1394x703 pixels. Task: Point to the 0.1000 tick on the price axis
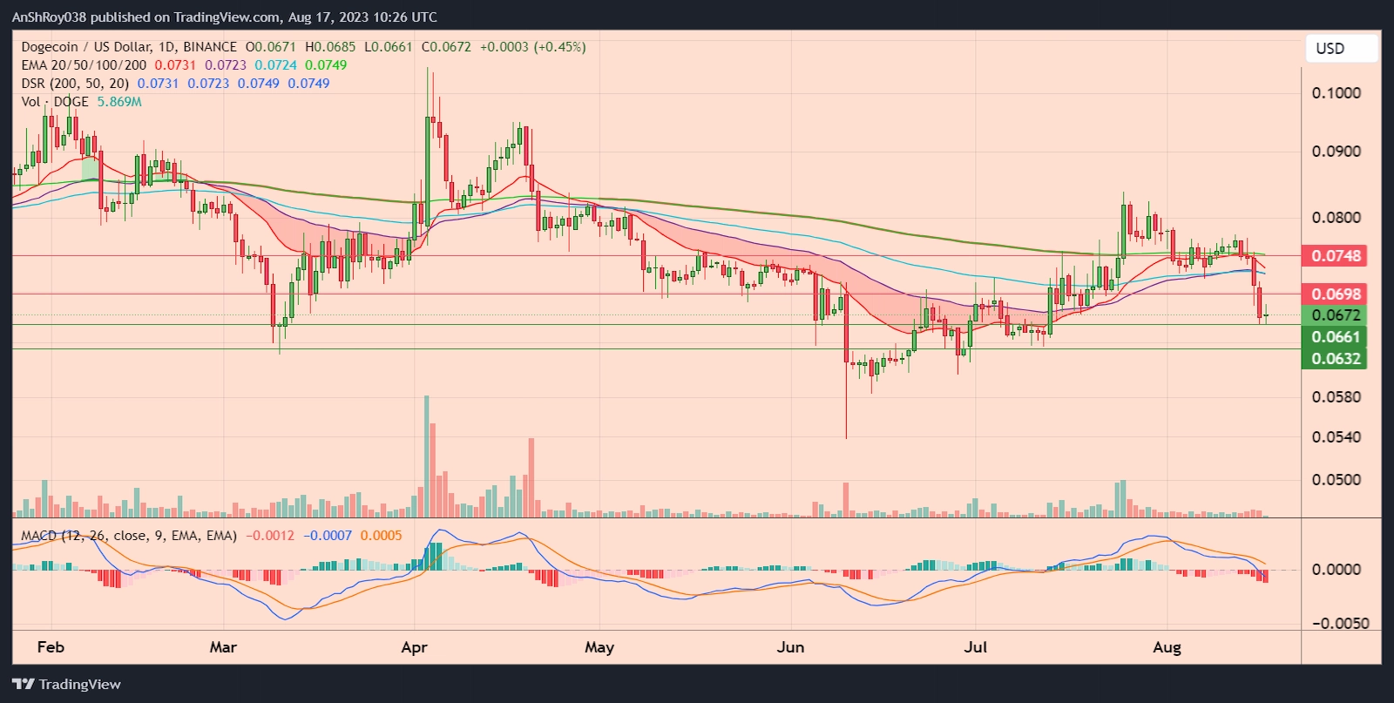[1336, 93]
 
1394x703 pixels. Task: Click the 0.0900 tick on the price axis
[1336, 152]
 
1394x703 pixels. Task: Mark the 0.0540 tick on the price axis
[1336, 437]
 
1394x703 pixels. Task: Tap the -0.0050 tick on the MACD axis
[1341, 624]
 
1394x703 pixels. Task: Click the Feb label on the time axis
[51, 647]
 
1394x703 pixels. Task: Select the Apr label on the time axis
[415, 647]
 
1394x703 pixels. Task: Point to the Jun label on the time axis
[790, 647]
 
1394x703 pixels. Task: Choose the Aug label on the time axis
[1167, 647]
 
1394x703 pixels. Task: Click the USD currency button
[1330, 49]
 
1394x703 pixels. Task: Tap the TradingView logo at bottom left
[67, 685]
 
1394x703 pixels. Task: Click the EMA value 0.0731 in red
[175, 65]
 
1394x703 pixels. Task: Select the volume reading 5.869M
[119, 102]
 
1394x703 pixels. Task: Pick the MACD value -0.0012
[270, 536]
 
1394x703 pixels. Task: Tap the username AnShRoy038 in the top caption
[49, 17]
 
